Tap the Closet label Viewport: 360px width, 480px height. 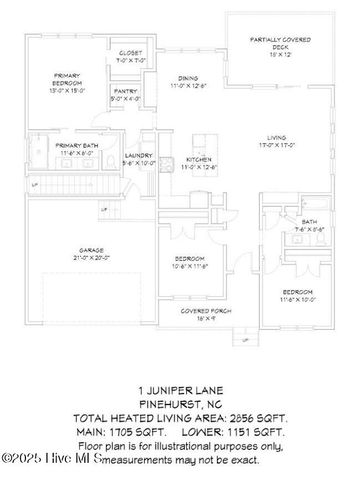point(131,52)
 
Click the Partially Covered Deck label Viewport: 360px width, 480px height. point(279,39)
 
